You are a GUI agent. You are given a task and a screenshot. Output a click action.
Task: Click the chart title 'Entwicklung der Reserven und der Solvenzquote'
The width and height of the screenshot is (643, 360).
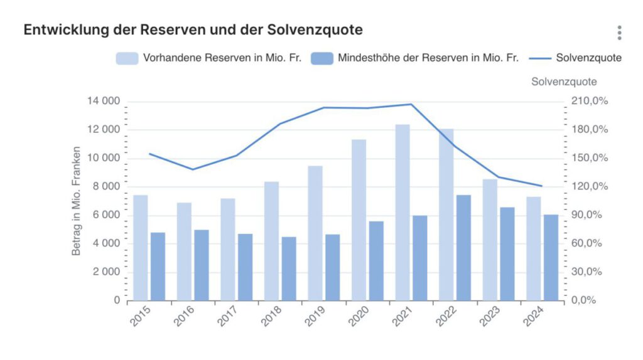click(193, 29)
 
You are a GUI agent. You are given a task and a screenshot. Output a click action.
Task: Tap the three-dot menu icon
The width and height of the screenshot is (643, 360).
click(619, 33)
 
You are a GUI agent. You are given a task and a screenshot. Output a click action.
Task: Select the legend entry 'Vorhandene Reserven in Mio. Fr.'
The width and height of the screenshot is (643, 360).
click(209, 58)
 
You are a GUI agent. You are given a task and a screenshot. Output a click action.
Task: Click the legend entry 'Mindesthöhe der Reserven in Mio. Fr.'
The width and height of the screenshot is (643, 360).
click(414, 58)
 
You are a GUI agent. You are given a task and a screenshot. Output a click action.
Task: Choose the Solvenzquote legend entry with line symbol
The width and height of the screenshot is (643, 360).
click(575, 58)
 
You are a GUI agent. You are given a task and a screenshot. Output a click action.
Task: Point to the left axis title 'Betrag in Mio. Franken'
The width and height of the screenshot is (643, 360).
click(77, 201)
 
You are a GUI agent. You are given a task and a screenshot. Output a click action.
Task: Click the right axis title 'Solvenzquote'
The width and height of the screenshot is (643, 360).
click(564, 82)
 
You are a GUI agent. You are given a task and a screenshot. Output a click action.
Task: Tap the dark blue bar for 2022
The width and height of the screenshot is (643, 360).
click(463, 247)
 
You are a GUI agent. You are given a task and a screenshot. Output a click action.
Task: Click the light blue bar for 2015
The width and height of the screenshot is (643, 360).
click(141, 247)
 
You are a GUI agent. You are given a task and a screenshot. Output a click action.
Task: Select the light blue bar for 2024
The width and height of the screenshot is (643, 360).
click(533, 248)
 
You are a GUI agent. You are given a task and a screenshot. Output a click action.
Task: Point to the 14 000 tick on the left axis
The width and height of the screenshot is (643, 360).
click(105, 102)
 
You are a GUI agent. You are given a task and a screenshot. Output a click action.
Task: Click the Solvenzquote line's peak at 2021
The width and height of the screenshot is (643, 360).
click(411, 104)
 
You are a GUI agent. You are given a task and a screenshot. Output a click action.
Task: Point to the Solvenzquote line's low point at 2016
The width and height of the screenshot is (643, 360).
click(193, 169)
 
